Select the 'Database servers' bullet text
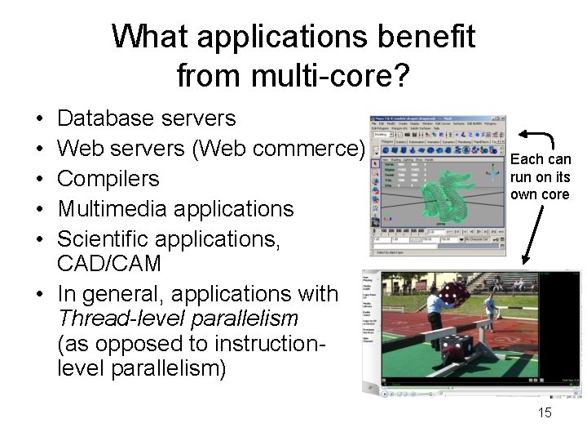(x=147, y=119)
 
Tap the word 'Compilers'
(x=108, y=179)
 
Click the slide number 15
(x=545, y=412)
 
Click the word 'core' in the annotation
(x=554, y=195)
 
